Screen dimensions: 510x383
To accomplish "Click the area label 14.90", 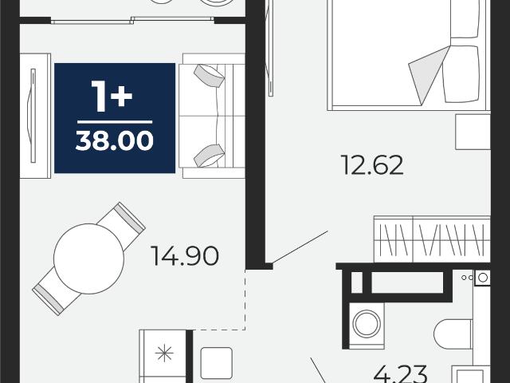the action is (184, 256).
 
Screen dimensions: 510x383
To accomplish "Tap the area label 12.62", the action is (372, 165).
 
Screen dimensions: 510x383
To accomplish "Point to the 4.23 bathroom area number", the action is (400, 374).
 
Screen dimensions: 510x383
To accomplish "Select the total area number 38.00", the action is (115, 140).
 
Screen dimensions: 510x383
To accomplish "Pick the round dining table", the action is (88, 259).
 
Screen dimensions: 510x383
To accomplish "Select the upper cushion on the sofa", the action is (209, 76).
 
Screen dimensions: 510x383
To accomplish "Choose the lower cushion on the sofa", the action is (209, 156).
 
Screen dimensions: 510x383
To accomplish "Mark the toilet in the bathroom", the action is (453, 334).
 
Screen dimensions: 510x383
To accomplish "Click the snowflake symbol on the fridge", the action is (164, 353).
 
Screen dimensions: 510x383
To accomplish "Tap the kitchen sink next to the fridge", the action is (217, 363).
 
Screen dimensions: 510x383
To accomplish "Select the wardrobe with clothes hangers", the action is (432, 239).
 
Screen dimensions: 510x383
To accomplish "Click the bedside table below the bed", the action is (473, 132).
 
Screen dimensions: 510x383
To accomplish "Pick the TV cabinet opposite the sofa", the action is (35, 116).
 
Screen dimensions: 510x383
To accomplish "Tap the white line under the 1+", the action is (115, 122).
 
